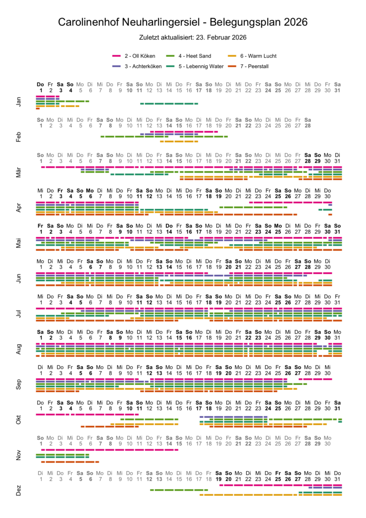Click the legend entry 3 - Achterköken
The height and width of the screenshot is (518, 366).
tap(143, 66)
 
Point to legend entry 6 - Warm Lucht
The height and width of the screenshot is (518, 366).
tap(258, 56)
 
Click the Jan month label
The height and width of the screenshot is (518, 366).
tap(19, 102)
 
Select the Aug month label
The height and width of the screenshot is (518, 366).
tap(19, 349)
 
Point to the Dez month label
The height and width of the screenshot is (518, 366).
tap(19, 491)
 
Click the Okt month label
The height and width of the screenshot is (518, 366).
tap(19, 420)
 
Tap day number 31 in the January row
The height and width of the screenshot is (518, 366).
tap(337, 90)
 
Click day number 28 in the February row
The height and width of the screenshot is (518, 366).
tap(308, 125)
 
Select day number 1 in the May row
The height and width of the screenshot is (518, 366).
tap(41, 231)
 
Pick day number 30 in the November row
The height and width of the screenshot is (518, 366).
tap(327, 444)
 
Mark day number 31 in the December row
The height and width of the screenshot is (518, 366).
tap(337, 479)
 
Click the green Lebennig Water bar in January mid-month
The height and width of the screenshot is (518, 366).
tap(169, 104)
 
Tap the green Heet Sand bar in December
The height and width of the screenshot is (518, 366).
tap(174, 490)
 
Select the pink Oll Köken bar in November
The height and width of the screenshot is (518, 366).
tap(110, 449)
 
